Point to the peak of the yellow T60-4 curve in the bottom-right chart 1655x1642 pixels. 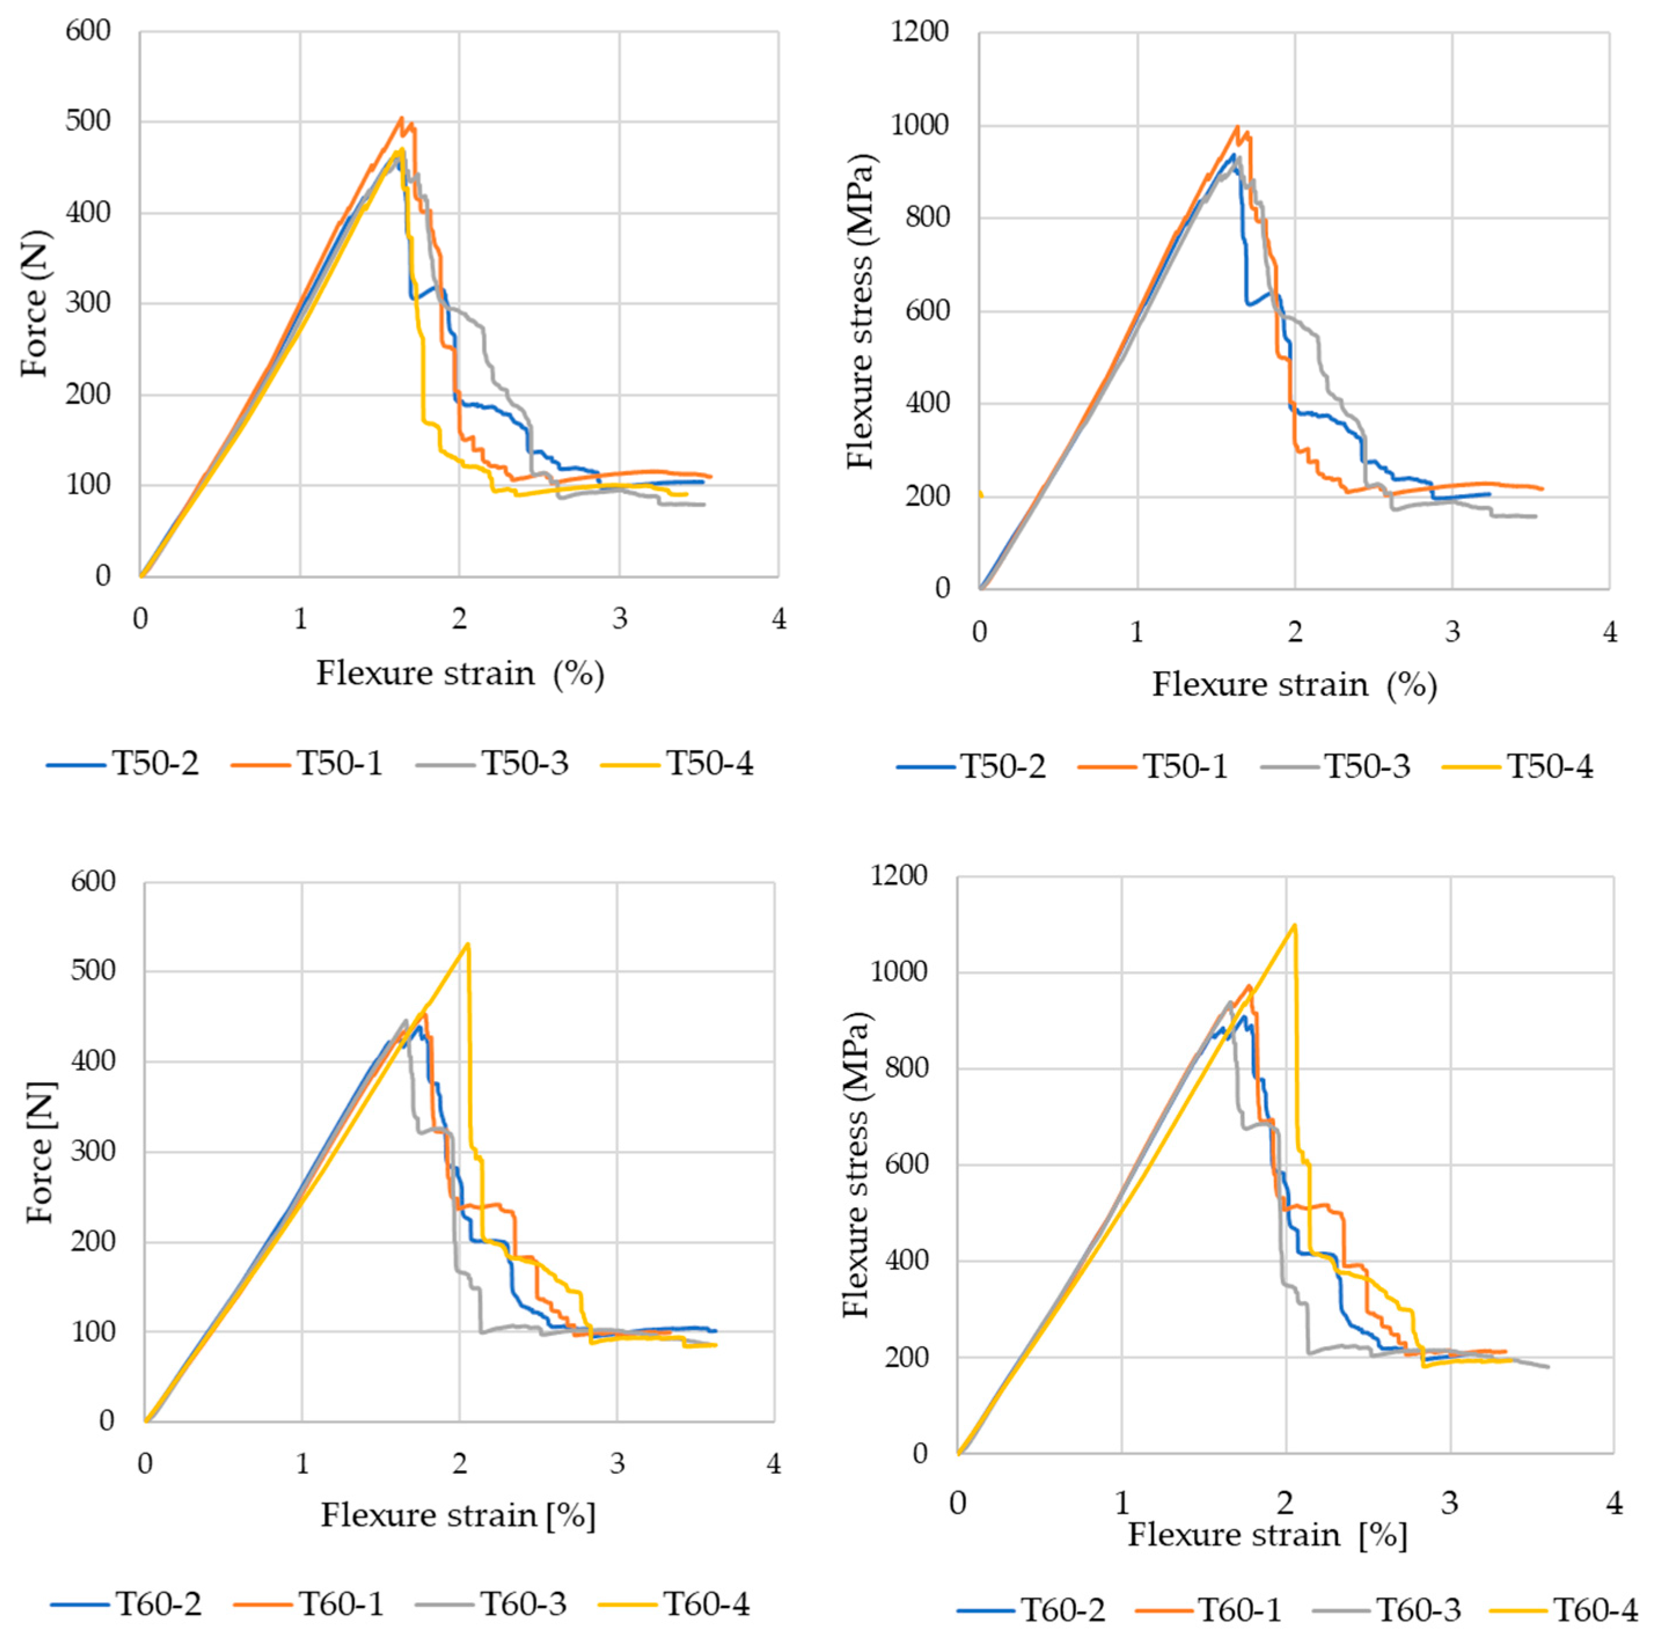point(1294,924)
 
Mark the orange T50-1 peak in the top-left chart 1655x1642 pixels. point(402,118)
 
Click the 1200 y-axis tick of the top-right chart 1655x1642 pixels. point(920,32)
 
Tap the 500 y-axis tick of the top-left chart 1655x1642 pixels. point(88,121)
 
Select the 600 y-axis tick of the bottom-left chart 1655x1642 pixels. point(93,881)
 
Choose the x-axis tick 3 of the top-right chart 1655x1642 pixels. point(1452,631)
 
